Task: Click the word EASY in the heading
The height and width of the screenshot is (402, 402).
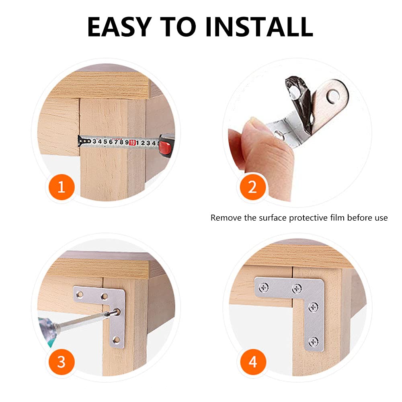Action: [119, 27]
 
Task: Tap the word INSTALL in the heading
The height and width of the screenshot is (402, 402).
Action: [259, 27]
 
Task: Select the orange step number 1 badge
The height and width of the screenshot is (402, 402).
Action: [61, 187]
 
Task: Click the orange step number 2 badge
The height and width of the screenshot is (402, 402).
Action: [252, 187]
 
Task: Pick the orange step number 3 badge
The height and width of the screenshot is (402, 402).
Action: [61, 362]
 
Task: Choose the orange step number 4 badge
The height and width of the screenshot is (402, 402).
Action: [253, 362]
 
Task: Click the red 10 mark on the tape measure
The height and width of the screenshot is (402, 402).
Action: [132, 143]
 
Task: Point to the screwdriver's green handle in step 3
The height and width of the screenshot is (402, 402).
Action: [48, 331]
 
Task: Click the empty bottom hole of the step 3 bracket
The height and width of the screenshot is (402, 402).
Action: [116, 340]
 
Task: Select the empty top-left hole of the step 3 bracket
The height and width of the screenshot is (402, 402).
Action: [80, 294]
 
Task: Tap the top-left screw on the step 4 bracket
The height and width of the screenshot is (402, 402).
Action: [264, 288]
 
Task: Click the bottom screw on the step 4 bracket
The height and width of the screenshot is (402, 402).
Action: [314, 341]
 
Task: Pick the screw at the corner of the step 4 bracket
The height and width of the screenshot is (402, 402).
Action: [297, 289]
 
